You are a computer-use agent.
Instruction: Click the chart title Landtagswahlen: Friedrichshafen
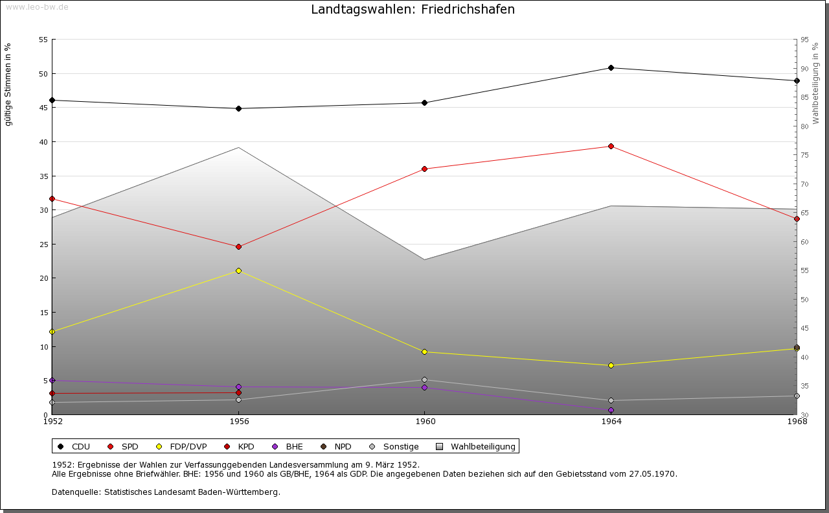(x=413, y=10)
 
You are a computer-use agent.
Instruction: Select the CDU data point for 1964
(x=611, y=68)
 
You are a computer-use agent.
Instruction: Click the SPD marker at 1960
(x=424, y=169)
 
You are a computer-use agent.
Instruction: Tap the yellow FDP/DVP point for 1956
(x=238, y=270)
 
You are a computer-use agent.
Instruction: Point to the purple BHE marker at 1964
(x=611, y=410)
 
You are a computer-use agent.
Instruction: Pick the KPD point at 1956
(x=238, y=392)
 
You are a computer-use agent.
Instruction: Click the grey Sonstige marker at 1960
(x=424, y=379)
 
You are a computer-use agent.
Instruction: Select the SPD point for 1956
(x=238, y=246)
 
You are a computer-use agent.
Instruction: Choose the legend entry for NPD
(x=336, y=446)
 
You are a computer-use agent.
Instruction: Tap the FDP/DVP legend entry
(x=181, y=446)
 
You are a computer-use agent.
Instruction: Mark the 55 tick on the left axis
(x=43, y=40)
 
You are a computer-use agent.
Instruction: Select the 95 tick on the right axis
(x=804, y=40)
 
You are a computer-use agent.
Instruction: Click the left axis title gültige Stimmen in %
(x=8, y=84)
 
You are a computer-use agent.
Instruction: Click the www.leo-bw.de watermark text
(x=37, y=7)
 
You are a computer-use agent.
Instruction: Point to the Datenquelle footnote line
(x=166, y=492)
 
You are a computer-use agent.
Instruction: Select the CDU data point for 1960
(x=424, y=102)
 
